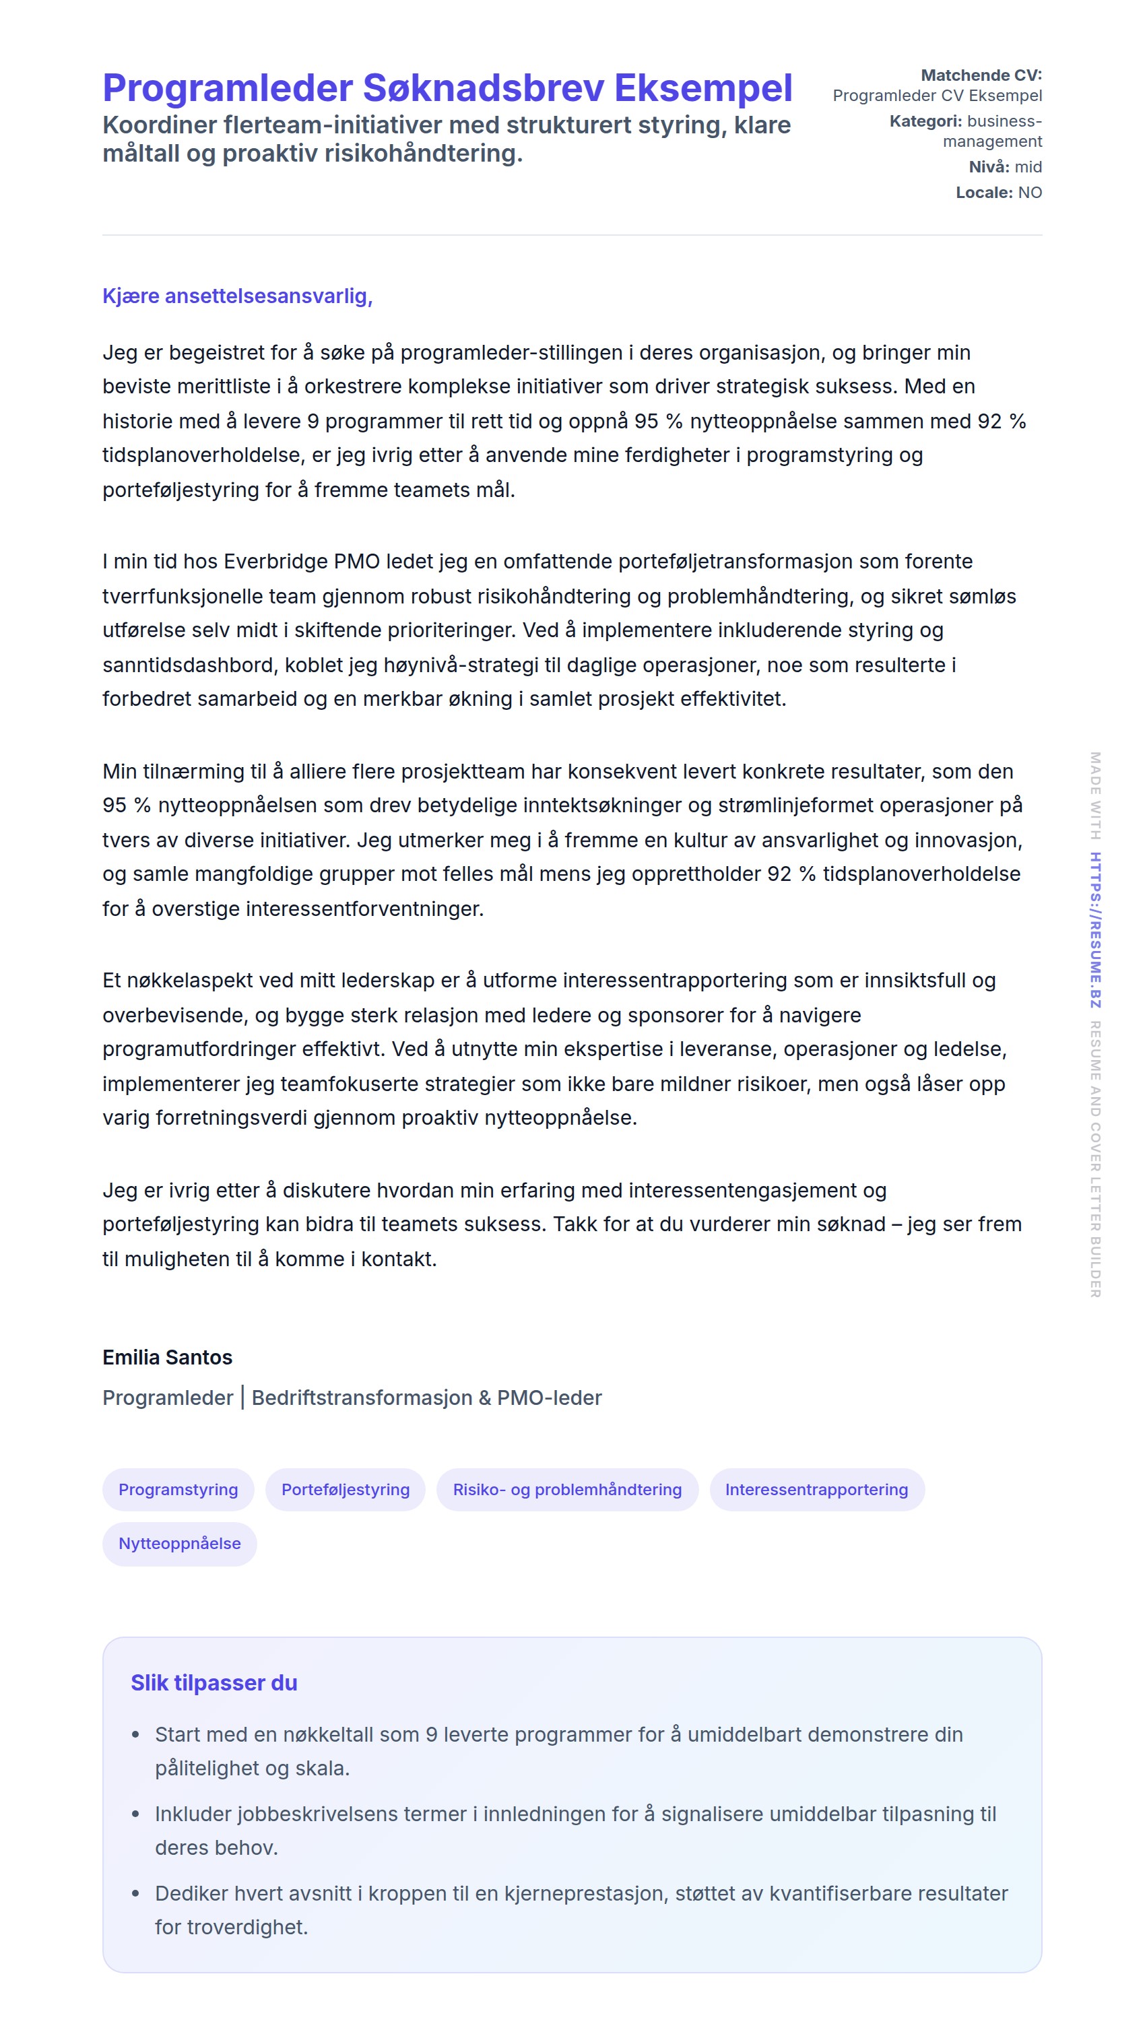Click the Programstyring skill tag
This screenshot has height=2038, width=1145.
coord(178,1489)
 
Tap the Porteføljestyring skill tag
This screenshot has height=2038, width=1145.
coord(345,1489)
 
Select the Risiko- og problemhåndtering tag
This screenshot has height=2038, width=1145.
coord(566,1489)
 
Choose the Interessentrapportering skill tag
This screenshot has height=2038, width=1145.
coord(816,1489)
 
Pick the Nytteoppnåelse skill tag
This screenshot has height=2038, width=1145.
coord(180,1543)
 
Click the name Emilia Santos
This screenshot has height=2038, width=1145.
coord(167,1357)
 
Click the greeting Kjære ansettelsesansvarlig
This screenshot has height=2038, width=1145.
coord(237,296)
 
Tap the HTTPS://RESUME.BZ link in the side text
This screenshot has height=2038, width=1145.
coord(1095,929)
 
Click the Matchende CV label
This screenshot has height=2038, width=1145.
coord(981,75)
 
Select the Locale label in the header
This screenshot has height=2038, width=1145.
coord(983,192)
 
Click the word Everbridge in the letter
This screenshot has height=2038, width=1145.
coord(275,561)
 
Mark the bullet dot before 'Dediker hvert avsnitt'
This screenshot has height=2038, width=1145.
coord(135,1893)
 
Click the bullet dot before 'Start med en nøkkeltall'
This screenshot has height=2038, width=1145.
coord(135,1734)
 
